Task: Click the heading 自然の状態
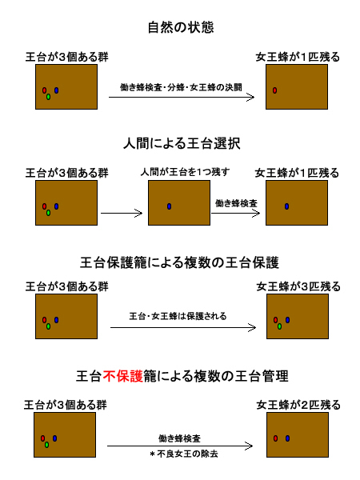pyautogui.click(x=181, y=27)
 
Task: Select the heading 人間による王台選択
pyautogui.click(x=182, y=143)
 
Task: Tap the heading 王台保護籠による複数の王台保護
pyautogui.click(x=179, y=262)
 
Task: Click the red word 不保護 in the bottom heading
pyautogui.click(x=122, y=376)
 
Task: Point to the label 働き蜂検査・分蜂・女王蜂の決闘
pyautogui.click(x=181, y=87)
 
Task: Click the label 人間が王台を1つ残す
pyautogui.click(x=185, y=172)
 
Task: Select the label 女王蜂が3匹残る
pyautogui.click(x=298, y=286)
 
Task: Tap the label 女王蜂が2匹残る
pyautogui.click(x=298, y=405)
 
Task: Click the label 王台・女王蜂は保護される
pyautogui.click(x=178, y=316)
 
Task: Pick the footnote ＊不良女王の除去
pyautogui.click(x=184, y=454)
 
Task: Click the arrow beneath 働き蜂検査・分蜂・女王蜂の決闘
pyautogui.click(x=182, y=98)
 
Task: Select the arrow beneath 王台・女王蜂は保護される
pyautogui.click(x=183, y=327)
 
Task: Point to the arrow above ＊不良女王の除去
pyautogui.click(x=180, y=446)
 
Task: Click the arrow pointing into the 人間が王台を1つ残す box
pyautogui.click(x=122, y=213)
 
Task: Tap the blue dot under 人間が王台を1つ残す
pyautogui.click(x=170, y=206)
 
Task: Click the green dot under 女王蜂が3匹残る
pyautogui.click(x=279, y=326)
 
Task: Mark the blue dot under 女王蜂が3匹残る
pyautogui.click(x=287, y=320)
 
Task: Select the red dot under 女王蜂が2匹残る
pyautogui.click(x=275, y=438)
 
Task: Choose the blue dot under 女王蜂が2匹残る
pyautogui.click(x=287, y=438)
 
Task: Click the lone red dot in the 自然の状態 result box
pyautogui.click(x=275, y=90)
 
